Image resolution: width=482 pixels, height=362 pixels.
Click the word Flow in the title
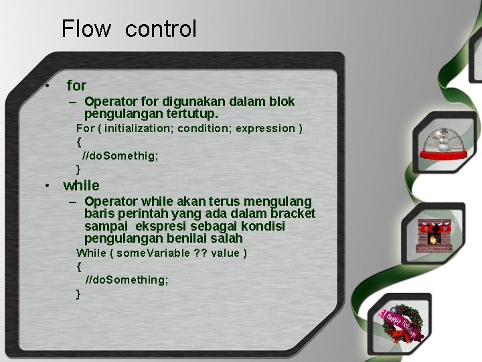point(86,29)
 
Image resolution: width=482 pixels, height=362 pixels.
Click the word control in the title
point(161,29)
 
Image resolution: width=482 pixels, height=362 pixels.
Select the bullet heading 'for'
point(76,86)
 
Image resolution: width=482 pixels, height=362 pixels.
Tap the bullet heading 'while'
point(81,186)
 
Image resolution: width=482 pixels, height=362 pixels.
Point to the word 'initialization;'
point(139,128)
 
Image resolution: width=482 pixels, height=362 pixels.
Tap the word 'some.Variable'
point(154,253)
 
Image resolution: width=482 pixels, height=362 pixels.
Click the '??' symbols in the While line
point(200,253)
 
